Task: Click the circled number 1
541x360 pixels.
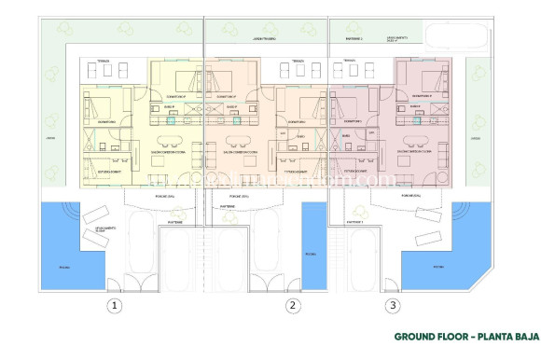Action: point(115,304)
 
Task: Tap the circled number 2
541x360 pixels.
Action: point(292,304)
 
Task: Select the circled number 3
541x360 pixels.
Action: point(394,304)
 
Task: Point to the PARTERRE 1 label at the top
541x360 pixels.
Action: point(353,39)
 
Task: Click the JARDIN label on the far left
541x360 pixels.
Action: point(39,138)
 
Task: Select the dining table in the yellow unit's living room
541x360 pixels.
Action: point(169,141)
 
